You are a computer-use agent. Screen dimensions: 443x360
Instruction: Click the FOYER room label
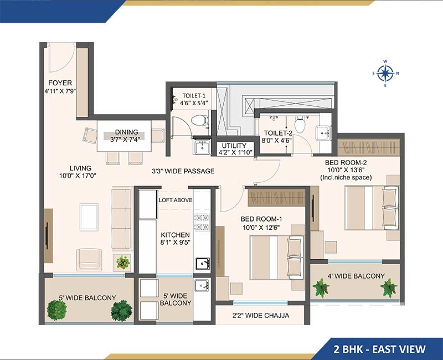click(60, 83)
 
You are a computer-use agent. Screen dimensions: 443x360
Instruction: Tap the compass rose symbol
click(385, 73)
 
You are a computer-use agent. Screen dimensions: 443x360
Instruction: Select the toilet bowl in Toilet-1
click(199, 121)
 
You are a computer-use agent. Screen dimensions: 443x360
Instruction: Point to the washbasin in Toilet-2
click(323, 133)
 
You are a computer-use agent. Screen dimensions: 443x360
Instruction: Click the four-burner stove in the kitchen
click(202, 222)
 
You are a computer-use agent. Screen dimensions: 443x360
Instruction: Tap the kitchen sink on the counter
click(203, 264)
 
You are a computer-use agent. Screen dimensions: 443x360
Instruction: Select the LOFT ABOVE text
click(176, 200)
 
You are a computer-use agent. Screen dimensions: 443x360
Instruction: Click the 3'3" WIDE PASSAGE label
click(183, 171)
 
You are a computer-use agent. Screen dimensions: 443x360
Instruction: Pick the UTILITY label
click(234, 146)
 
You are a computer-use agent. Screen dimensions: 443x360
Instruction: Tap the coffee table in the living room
click(89, 217)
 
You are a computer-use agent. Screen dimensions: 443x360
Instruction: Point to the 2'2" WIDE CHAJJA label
click(260, 315)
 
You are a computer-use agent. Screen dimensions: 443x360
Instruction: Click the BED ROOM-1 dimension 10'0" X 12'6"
click(261, 227)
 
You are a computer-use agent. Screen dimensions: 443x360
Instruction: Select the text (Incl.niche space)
click(346, 177)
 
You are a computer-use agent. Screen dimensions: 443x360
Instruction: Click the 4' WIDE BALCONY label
click(356, 276)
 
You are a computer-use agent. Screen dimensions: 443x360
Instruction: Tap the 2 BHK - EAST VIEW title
click(379, 349)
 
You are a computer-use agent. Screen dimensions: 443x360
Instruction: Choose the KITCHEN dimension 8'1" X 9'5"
click(175, 242)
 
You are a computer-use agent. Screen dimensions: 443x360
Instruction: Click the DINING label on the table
click(127, 132)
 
